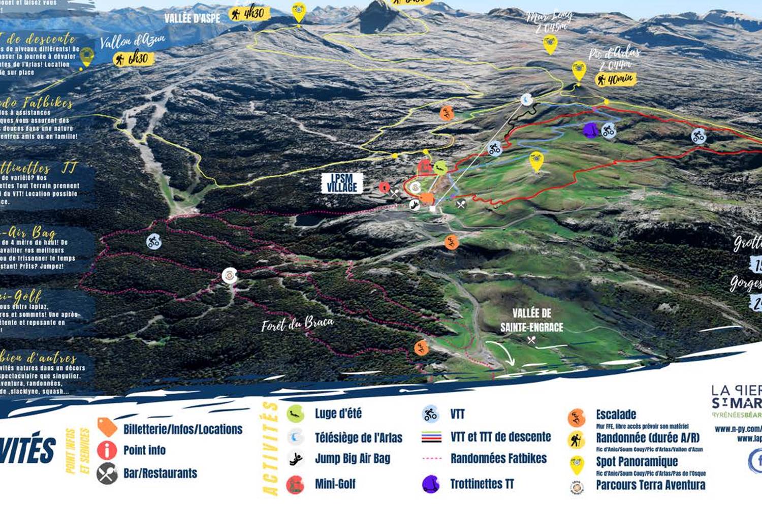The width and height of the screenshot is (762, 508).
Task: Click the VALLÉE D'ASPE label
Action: [x=192, y=19]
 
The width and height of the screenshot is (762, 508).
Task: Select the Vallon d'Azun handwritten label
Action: [x=132, y=41]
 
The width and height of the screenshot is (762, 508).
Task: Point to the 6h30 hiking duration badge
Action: [x=133, y=59]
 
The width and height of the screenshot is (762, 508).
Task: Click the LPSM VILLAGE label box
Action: [x=342, y=183]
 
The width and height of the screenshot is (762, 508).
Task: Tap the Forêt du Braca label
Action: [x=298, y=324]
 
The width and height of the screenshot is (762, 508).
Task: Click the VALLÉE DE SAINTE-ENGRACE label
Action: [x=531, y=320]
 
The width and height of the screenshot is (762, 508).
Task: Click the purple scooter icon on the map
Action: [x=590, y=130]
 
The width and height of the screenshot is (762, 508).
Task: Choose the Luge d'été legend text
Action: [x=338, y=414]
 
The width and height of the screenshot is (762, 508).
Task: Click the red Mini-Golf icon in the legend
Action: [x=295, y=485]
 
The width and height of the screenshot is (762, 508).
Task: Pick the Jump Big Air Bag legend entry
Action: [x=352, y=459]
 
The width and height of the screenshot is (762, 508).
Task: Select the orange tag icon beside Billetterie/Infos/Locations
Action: [x=107, y=427]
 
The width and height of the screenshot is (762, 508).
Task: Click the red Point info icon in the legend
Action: [x=107, y=450]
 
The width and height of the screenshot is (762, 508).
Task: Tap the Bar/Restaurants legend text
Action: [x=160, y=473]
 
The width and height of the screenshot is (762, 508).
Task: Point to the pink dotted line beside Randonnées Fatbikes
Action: [x=432, y=458]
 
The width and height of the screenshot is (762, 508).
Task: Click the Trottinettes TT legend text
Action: [x=482, y=484]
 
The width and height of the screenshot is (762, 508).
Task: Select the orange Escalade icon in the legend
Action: [x=577, y=418]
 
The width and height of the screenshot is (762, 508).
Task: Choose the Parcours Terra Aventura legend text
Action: [x=650, y=485]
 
